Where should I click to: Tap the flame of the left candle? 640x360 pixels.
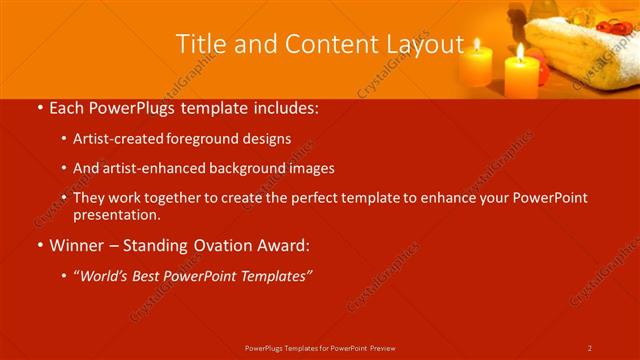tap(477, 44)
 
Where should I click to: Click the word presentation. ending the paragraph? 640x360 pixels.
tap(116, 214)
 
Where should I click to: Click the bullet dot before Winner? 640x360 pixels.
tap(38, 244)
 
